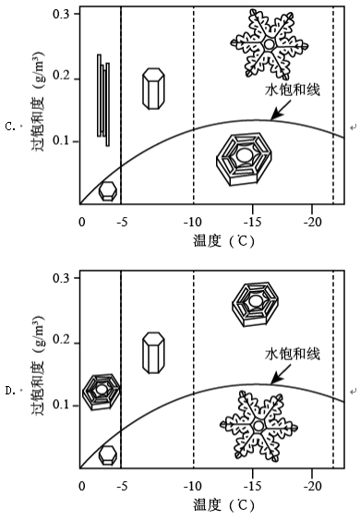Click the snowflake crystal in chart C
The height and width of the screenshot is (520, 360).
tap(270, 44)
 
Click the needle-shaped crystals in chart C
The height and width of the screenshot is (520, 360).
tap(103, 100)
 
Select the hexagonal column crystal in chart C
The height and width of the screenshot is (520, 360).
tap(153, 89)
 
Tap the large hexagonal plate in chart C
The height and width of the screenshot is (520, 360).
tap(245, 159)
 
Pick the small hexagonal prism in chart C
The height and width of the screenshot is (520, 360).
tap(108, 191)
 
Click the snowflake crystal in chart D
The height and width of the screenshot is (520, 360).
tap(258, 426)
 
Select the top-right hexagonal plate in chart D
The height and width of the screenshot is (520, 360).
tap(255, 305)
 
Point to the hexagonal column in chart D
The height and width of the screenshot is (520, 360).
tap(153, 353)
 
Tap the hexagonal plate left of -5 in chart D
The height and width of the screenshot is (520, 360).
tap(102, 392)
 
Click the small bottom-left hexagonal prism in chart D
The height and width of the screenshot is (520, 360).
tap(108, 455)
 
